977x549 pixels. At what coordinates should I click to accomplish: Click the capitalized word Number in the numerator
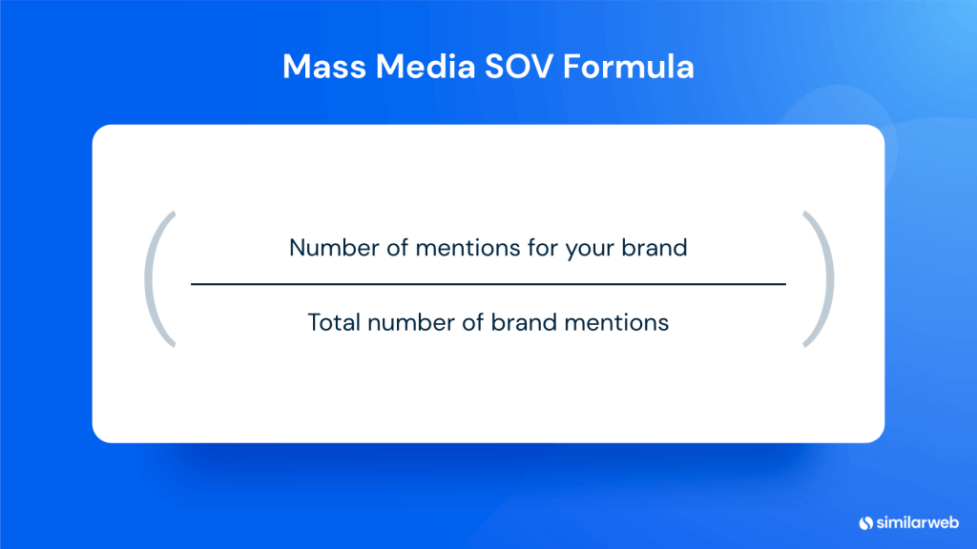(x=328, y=249)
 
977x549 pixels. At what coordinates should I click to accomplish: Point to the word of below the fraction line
(x=471, y=322)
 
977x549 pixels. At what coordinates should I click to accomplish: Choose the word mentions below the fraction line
(x=614, y=322)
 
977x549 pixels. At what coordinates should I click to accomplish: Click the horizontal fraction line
(x=488, y=284)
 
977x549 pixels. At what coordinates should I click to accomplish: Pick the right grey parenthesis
(x=819, y=278)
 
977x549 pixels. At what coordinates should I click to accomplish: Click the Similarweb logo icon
(x=866, y=521)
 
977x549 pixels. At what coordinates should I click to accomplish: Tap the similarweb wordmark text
(x=916, y=521)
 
